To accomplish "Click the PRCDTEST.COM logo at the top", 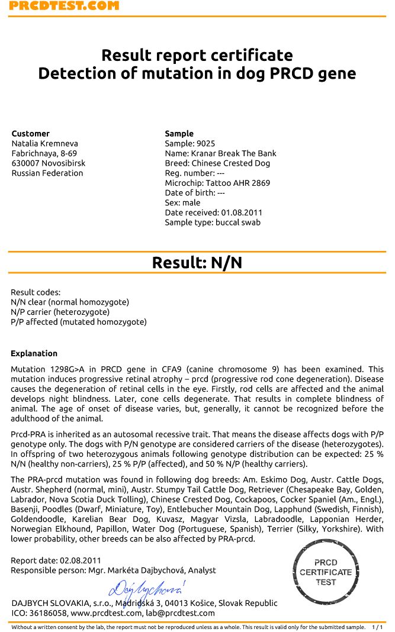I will click(x=64, y=5).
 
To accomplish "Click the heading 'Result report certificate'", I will click(x=197, y=56).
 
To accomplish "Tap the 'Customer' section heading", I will click(x=31, y=134).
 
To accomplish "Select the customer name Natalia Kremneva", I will click(x=45, y=144).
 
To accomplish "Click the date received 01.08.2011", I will click(x=242, y=212).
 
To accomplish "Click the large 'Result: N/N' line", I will click(x=197, y=263).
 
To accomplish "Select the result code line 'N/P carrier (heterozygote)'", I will click(x=60, y=312).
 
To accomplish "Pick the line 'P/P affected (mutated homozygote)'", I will click(x=78, y=322).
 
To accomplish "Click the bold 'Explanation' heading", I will click(x=34, y=354).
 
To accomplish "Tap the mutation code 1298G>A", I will click(x=63, y=369).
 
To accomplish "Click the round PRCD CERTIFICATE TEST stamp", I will click(x=326, y=572).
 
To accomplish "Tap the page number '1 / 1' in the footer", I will click(x=377, y=627).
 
